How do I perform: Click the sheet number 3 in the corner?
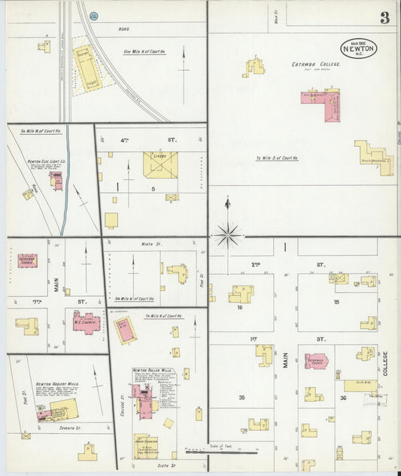coord(384,18)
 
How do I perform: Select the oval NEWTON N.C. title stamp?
coord(359,47)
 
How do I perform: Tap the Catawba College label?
coord(316,65)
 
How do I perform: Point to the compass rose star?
coord(228,234)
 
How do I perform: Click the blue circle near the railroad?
coord(93,15)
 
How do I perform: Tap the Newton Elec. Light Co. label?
coord(48,161)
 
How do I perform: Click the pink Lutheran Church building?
coord(28,261)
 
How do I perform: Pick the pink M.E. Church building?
coord(86,322)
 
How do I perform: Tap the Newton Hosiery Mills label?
coord(56,383)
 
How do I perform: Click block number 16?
coord(238,307)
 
